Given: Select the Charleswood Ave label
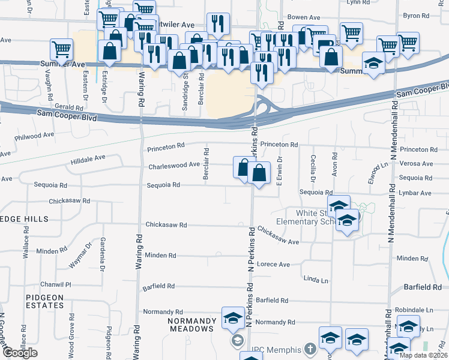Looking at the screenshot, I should coord(173,164).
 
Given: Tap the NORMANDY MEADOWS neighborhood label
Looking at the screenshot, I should coord(191,329).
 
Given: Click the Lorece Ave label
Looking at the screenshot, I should coord(273,264).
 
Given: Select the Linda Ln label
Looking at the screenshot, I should coord(316,280).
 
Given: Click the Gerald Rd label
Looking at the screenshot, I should coord(68,106).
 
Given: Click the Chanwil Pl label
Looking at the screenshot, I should coord(56,284).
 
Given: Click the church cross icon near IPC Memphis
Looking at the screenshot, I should coord(310,349).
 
